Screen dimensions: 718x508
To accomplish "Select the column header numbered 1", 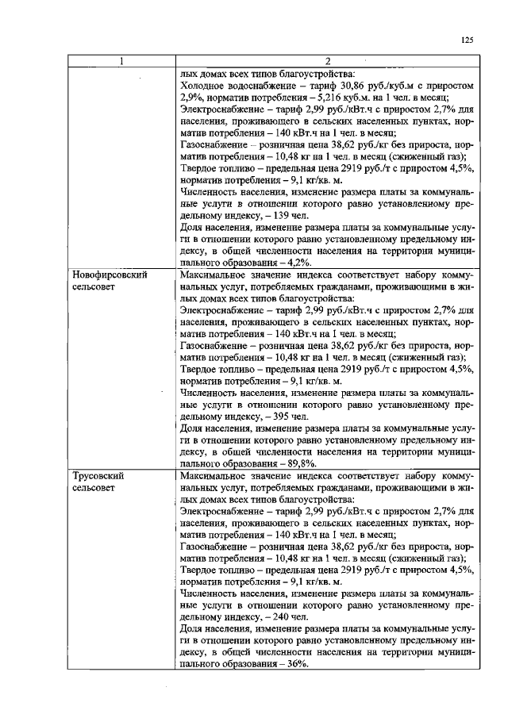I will click(121, 62).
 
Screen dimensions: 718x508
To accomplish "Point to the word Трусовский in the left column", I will click(95, 476).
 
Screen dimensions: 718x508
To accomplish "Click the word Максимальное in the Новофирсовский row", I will click(217, 275).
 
